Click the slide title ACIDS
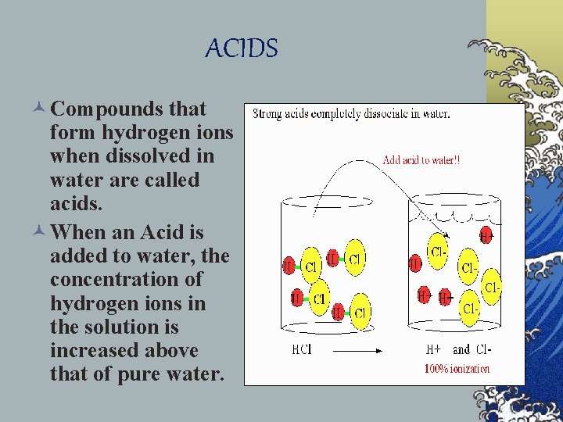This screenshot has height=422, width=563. (241, 49)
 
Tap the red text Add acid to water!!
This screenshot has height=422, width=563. (421, 159)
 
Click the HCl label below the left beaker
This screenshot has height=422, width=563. (301, 349)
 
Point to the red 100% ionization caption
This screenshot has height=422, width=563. (457, 368)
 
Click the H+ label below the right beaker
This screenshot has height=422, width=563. (432, 349)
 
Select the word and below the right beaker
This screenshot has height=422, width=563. (462, 349)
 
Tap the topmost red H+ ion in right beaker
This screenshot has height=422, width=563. (486, 234)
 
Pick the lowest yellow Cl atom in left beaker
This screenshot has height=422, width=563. (360, 313)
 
